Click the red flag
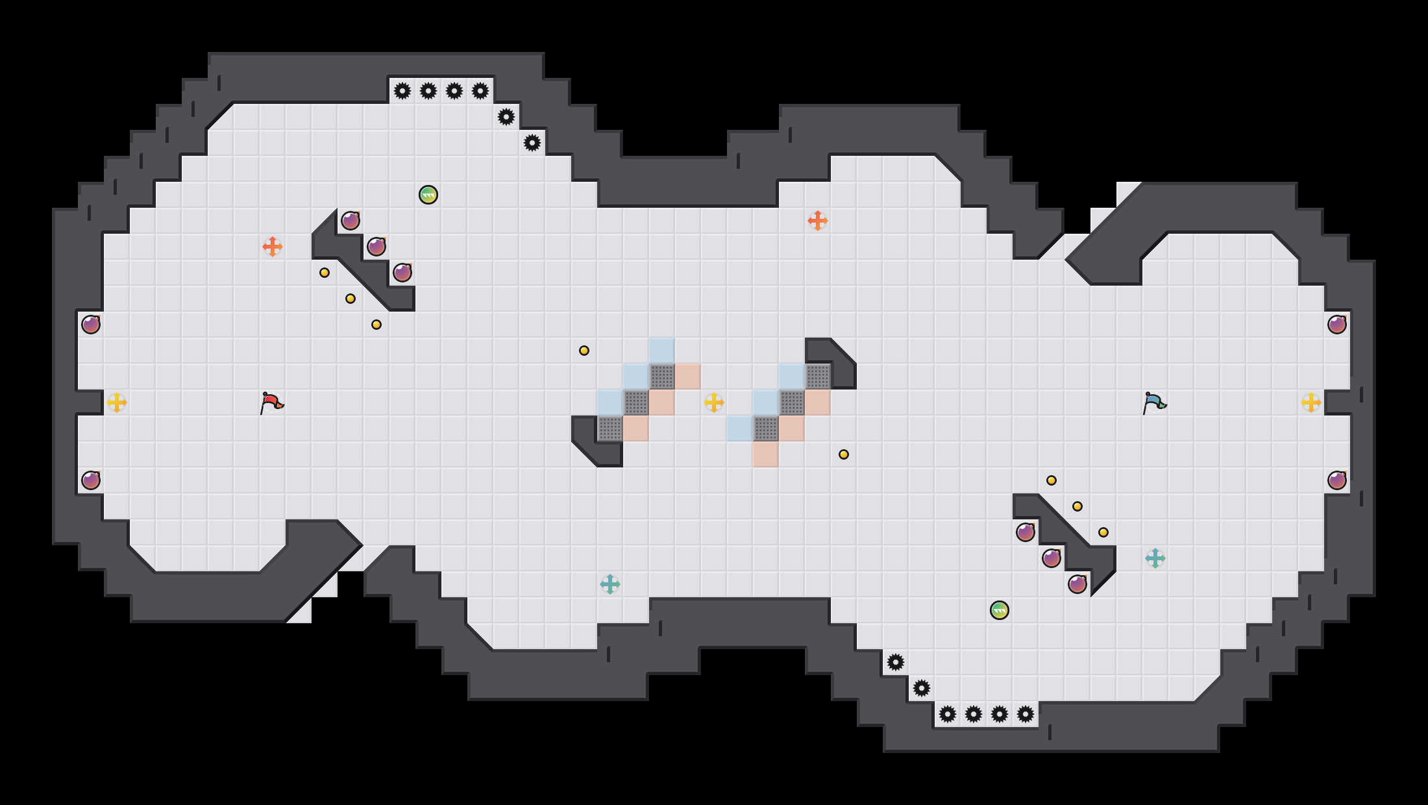271,402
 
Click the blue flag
1154,402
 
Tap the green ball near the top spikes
428,195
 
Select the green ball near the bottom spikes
1000,610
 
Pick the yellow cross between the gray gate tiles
714,402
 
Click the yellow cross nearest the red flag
117,402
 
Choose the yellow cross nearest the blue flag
1311,402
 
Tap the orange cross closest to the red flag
273,247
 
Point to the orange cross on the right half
818,221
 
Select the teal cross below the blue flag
1155,558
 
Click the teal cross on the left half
610,584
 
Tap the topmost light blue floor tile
662,351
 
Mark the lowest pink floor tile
766,454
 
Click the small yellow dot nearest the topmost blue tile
584,351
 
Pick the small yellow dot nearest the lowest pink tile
844,454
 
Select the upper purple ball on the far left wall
91,325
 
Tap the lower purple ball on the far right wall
1337,480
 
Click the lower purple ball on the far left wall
91,480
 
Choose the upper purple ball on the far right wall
1337,325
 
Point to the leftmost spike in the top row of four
402,91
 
